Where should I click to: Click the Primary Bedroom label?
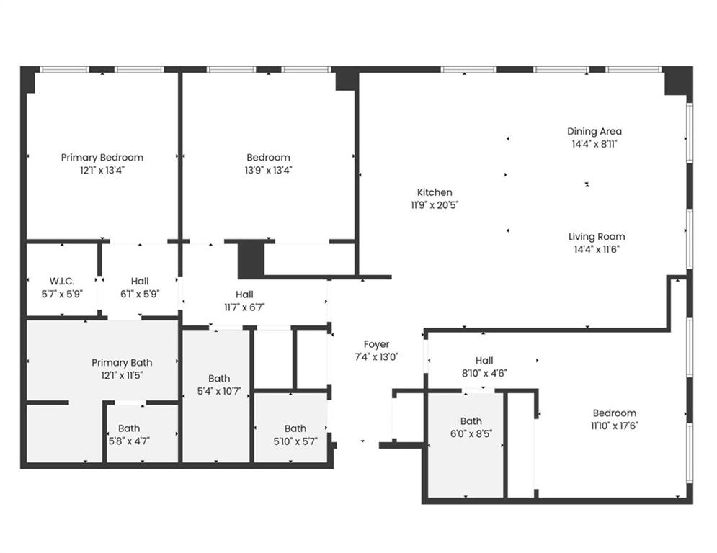click(x=102, y=157)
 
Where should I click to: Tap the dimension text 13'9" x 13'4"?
click(x=268, y=171)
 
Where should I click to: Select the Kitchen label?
click(x=435, y=192)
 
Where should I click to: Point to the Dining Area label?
click(x=594, y=131)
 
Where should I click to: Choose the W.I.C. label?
click(x=61, y=281)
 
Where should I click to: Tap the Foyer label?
click(x=376, y=344)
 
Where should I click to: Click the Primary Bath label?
click(x=122, y=362)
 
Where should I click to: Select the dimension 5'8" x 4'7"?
click(x=129, y=441)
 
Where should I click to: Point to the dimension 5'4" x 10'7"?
click(x=219, y=391)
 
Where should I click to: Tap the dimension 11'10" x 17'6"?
click(x=614, y=426)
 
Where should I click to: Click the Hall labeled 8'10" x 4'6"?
click(x=484, y=360)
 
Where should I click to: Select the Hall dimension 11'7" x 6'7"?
click(x=244, y=307)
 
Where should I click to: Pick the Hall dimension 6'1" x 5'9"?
click(x=140, y=294)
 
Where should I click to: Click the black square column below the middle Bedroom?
click(x=251, y=260)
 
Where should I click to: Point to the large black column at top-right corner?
click(x=677, y=80)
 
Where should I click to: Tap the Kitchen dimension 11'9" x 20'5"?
click(x=435, y=205)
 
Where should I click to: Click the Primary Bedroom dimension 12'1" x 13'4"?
click(x=102, y=171)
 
